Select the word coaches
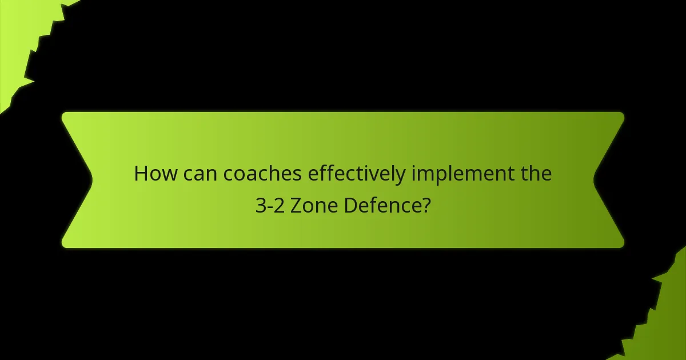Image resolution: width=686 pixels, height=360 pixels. [x=263, y=174]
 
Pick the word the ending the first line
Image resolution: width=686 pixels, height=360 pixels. [x=536, y=174]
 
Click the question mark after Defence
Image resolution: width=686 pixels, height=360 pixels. [x=425, y=205]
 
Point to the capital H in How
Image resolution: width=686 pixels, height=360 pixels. [x=141, y=174]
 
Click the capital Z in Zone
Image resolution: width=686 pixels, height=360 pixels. [x=296, y=205]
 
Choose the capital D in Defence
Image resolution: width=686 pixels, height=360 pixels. [x=350, y=205]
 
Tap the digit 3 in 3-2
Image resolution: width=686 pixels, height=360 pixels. [x=261, y=205]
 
